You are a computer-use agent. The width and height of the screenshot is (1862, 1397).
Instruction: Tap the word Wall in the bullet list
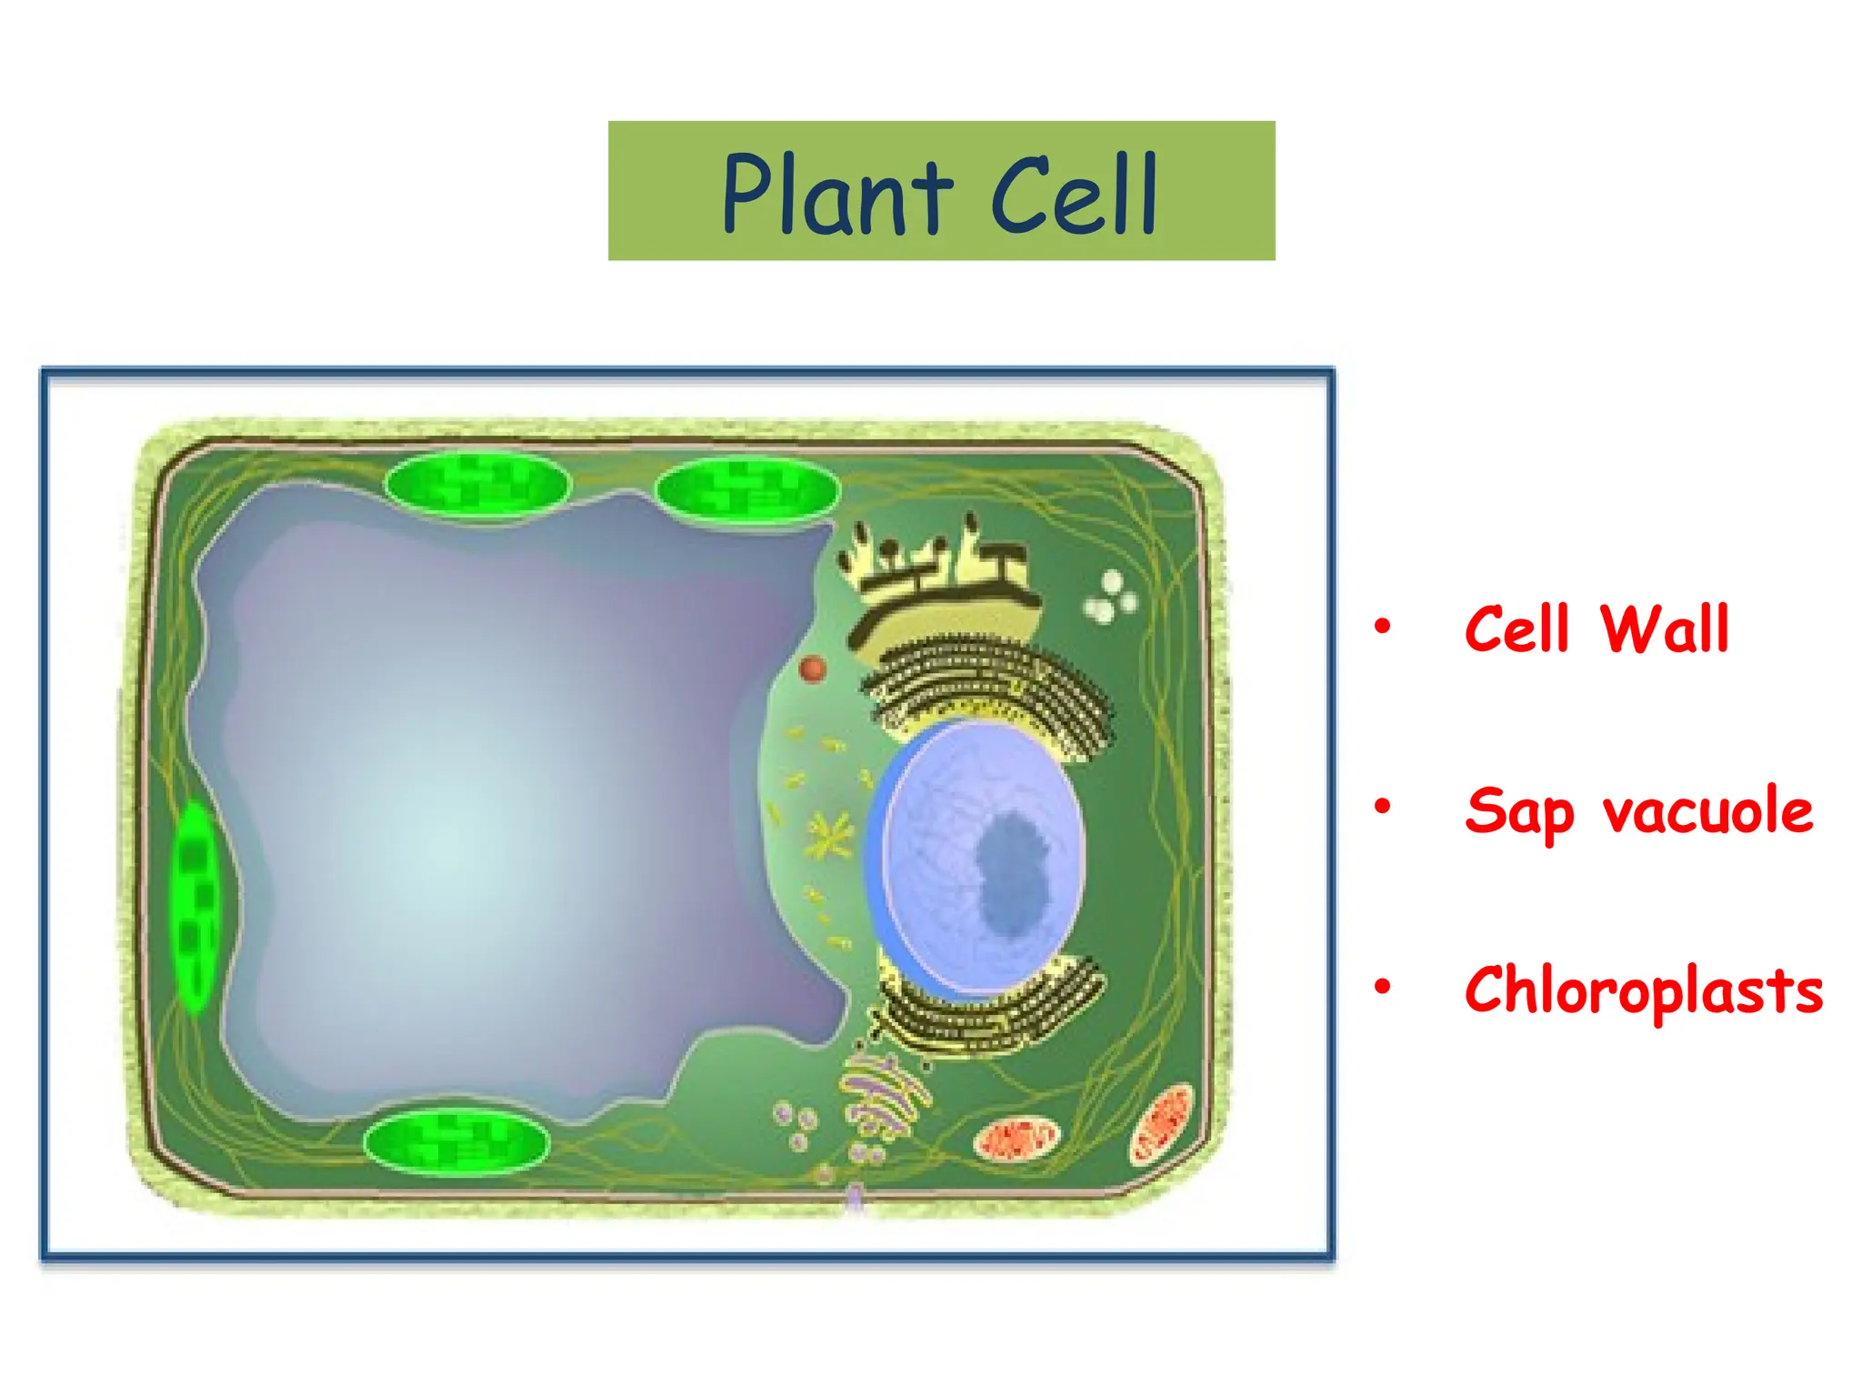(x=1664, y=629)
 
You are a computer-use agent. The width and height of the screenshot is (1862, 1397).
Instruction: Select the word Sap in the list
(x=1518, y=811)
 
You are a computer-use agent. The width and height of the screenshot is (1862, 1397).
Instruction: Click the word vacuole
(x=1707, y=811)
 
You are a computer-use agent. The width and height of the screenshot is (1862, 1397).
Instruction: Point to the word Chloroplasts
(x=1644, y=990)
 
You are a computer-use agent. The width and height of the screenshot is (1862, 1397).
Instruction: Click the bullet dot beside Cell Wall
(x=1382, y=626)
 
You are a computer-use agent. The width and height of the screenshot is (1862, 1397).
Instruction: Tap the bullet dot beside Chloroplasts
(x=1382, y=986)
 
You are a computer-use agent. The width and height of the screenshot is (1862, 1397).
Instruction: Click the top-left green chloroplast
(x=477, y=484)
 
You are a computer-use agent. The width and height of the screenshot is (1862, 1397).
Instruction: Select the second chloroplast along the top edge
(x=746, y=489)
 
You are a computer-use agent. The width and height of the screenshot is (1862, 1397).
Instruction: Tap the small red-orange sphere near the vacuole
(x=812, y=669)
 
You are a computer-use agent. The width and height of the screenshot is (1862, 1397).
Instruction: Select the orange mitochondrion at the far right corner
(x=1161, y=1123)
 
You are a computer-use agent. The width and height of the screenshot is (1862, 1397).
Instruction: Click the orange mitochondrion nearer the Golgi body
(x=1016, y=1139)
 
